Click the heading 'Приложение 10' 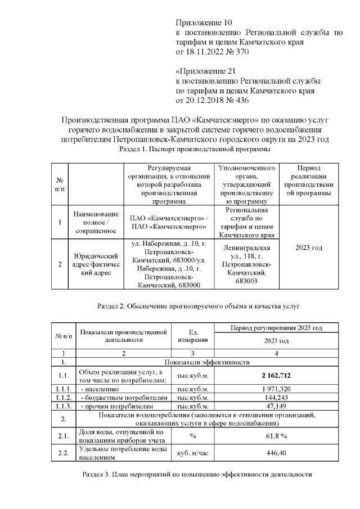[x=204, y=23]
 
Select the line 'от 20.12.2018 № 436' [x=211, y=100]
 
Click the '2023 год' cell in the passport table [x=309, y=247]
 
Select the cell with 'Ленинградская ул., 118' [x=246, y=264]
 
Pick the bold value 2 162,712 [x=276, y=375]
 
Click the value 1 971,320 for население [x=276, y=389]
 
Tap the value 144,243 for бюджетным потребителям [x=276, y=397]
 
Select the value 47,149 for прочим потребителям [x=276, y=406]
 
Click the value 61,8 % [x=276, y=435]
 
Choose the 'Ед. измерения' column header [x=192, y=336]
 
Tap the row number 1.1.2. [x=63, y=397]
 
